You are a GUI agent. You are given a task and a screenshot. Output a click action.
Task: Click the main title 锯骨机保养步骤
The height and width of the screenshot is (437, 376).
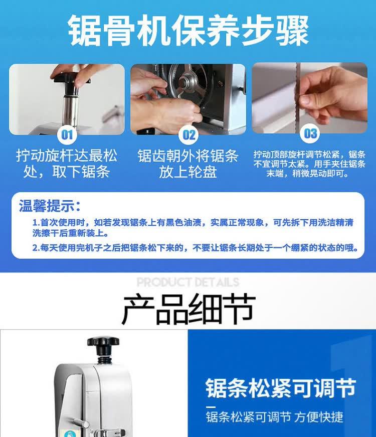(x=189, y=30)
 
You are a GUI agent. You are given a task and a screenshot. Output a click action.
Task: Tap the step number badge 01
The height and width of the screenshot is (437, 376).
(x=67, y=135)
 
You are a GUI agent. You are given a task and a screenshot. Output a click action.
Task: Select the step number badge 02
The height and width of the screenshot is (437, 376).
(x=189, y=135)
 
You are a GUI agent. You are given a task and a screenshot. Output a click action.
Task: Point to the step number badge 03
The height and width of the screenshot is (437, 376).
(x=310, y=133)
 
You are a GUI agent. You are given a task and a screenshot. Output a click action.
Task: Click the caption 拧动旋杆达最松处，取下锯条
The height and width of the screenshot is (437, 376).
(x=67, y=164)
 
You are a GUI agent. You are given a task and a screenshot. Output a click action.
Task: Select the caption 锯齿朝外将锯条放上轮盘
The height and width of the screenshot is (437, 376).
(x=188, y=164)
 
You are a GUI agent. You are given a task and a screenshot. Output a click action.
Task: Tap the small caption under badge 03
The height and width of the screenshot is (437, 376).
(x=309, y=164)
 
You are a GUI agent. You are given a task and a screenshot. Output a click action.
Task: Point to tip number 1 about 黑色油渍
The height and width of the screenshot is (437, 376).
(x=193, y=227)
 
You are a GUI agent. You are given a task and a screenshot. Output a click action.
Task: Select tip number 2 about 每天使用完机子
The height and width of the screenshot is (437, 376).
(x=195, y=247)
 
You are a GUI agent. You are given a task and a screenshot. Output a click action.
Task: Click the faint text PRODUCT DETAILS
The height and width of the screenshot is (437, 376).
(x=188, y=282)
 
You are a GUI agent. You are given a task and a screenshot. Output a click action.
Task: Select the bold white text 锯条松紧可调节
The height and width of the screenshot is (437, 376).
(x=281, y=388)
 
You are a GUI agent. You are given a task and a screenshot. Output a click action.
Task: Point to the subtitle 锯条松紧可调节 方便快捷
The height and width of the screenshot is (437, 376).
(x=275, y=417)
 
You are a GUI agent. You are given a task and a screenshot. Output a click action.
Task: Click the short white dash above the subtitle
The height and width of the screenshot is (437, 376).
(x=211, y=407)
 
